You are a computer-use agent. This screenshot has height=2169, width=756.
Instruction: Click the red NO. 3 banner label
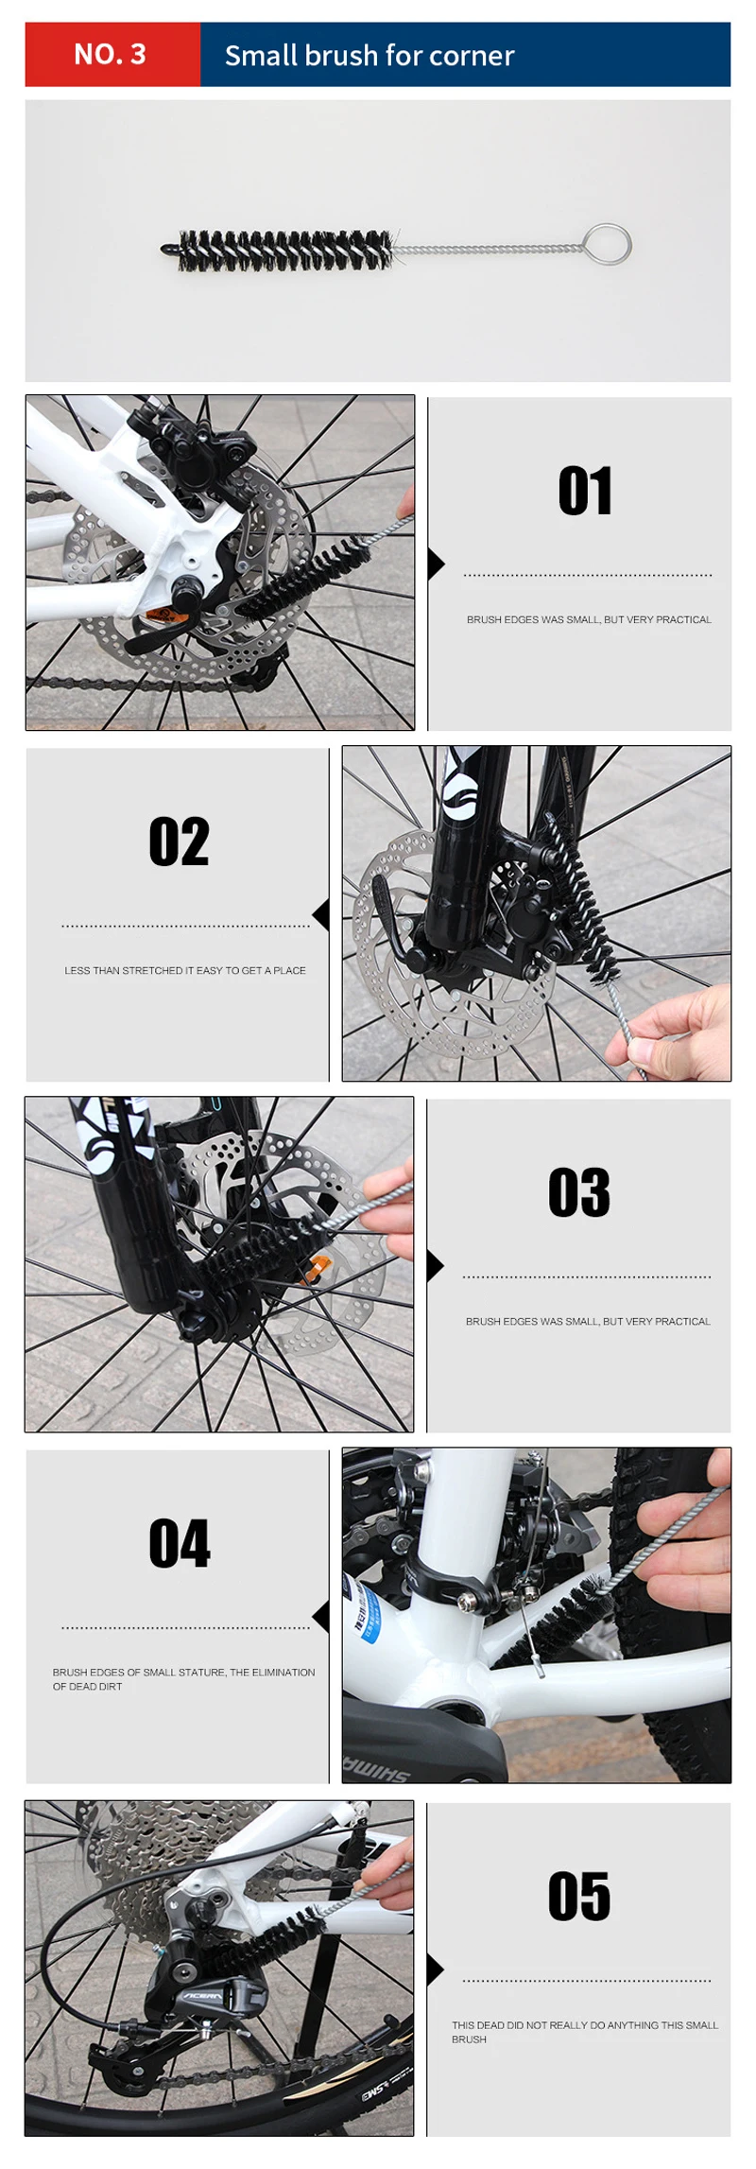tap(111, 55)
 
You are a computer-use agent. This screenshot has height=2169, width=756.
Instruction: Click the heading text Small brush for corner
tap(369, 56)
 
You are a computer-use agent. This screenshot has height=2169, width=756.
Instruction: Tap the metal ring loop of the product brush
tap(607, 244)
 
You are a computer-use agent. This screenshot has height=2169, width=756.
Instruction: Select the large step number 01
tap(586, 491)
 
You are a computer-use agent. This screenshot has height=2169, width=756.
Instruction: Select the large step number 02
tap(179, 842)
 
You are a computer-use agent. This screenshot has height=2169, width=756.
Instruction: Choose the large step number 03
tap(579, 1192)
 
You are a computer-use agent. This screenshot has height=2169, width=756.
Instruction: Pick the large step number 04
tap(180, 1543)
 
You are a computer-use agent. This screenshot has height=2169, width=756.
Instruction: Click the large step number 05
tap(579, 1896)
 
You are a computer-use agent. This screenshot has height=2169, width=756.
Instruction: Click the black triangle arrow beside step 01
tap(436, 564)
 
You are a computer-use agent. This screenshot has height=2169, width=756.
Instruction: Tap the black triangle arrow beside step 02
tap(321, 914)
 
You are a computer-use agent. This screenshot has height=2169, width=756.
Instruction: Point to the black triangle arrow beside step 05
tap(436, 1969)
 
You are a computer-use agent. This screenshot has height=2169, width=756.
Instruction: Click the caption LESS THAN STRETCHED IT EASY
tap(185, 970)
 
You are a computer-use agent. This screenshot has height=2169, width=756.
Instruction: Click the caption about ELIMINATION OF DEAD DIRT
tap(183, 1679)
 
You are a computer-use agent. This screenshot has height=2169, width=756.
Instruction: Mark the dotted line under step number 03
tap(587, 1277)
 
